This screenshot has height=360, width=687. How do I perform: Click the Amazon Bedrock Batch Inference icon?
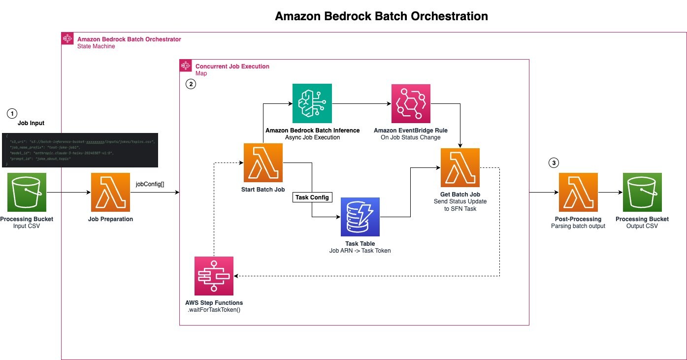(312, 103)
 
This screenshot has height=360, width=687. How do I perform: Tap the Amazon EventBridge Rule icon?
(411, 103)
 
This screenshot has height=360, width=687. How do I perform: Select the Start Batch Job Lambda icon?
(263, 163)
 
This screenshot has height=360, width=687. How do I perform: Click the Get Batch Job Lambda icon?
(460, 167)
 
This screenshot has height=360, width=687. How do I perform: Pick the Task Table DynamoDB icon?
(360, 217)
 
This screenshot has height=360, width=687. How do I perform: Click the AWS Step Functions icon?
(214, 276)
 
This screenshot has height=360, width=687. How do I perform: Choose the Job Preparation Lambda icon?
(111, 193)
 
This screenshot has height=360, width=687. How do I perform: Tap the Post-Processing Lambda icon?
(578, 193)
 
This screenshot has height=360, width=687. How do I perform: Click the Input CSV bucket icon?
(27, 193)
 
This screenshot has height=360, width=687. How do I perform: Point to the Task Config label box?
(312, 197)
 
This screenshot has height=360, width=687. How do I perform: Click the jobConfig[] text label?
(150, 185)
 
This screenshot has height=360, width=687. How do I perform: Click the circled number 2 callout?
(190, 84)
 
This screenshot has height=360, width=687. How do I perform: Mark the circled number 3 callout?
(554, 163)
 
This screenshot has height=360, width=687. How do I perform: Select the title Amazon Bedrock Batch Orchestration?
(381, 16)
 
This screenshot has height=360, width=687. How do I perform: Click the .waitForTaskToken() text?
(214, 310)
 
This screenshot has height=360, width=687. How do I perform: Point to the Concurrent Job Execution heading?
(232, 66)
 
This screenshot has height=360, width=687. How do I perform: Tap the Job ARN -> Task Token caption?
(360, 251)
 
